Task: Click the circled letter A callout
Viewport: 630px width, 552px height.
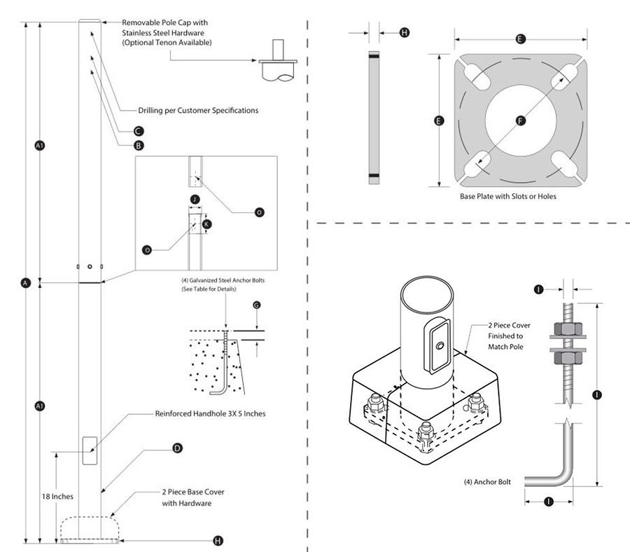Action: coord(25,283)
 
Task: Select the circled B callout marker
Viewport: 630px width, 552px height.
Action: coord(139,146)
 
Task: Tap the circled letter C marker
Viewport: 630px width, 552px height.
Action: coord(139,131)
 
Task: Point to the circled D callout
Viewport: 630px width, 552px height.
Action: coord(177,447)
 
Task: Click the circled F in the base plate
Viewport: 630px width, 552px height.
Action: coord(520,120)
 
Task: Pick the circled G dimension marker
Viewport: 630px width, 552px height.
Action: coord(257,305)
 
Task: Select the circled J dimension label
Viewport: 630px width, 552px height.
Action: coord(195,200)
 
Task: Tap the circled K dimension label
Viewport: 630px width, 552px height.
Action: coord(207,224)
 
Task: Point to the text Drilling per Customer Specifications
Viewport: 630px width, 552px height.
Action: coord(189,110)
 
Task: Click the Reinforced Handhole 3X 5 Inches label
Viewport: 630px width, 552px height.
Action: coord(210,413)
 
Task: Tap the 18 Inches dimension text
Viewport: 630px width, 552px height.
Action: coord(56,496)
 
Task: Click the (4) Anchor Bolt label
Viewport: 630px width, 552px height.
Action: coord(488,482)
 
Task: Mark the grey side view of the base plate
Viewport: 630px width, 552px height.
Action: coord(374,116)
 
